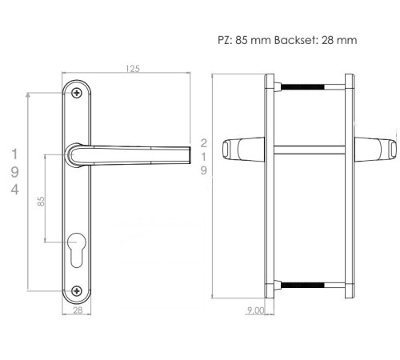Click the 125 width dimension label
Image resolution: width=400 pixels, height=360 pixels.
133,69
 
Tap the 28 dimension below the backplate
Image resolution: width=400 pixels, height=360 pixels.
78,310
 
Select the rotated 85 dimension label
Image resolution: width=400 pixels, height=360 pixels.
41,202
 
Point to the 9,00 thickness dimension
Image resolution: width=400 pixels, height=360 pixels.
256,310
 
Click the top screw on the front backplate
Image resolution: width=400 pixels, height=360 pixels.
77,93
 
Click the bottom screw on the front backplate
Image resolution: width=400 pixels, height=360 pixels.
77,290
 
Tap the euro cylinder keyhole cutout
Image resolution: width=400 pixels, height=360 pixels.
77,250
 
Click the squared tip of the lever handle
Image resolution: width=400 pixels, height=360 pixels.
190,154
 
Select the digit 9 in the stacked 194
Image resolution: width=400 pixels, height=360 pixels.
14,172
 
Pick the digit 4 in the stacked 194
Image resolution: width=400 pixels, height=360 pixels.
14,190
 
